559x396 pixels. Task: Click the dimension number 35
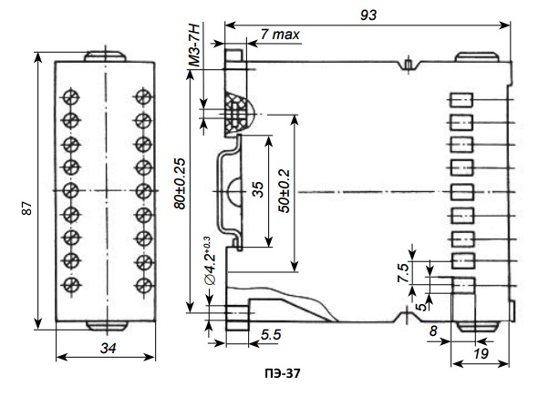click(258, 191)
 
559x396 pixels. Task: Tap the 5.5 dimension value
click(270, 335)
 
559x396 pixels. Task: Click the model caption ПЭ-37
click(280, 373)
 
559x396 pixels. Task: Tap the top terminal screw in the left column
click(69, 97)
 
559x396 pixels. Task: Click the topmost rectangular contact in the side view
click(462, 100)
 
